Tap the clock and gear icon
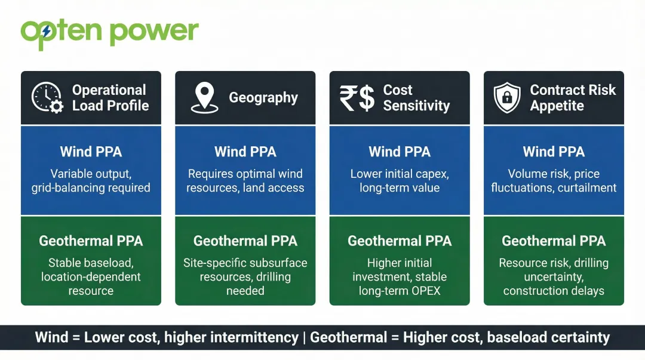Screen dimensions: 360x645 pyautogui.click(x=47, y=98)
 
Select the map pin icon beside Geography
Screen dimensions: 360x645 pyautogui.click(x=204, y=98)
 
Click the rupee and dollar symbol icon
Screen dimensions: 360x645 pyautogui.click(x=357, y=98)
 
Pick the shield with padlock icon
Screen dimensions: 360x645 pyautogui.click(x=507, y=98)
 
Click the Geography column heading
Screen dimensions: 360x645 pyautogui.click(x=263, y=98)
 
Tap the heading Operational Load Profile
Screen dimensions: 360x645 pyautogui.click(x=110, y=98)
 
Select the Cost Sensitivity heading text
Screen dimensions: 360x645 pyautogui.click(x=416, y=98)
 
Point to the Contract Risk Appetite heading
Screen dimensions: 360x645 pyautogui.click(x=572, y=98)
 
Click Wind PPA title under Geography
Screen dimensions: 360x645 pyautogui.click(x=245, y=152)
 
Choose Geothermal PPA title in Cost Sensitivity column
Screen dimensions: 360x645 pyautogui.click(x=400, y=241)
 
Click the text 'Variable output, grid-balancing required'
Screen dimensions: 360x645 pyautogui.click(x=91, y=181)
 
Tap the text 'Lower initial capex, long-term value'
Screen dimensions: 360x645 pyautogui.click(x=400, y=181)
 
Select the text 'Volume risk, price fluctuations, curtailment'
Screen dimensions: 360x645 pyautogui.click(x=554, y=181)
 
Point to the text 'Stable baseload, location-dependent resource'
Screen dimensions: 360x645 pyautogui.click(x=91, y=276)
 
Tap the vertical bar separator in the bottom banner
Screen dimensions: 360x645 pyautogui.click(x=304, y=337)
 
